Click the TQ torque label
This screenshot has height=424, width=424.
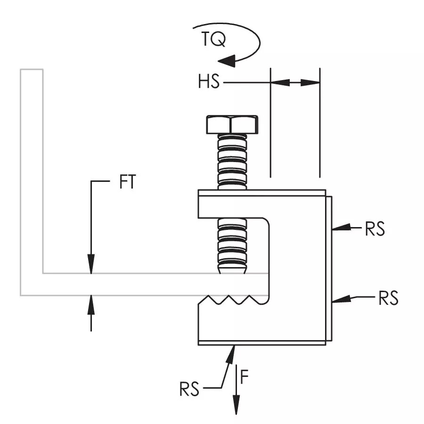(213, 39)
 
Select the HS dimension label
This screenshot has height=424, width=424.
(209, 82)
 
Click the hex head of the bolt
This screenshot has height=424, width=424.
(232, 124)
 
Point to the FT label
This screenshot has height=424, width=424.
(127, 182)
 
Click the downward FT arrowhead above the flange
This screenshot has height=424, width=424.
(91, 264)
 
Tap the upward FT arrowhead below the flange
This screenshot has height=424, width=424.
(91, 304)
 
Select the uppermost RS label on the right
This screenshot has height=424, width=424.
(375, 229)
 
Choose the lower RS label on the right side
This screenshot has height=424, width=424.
(388, 298)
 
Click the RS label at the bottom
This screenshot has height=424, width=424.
(189, 389)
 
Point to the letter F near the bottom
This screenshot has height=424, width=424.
(244, 377)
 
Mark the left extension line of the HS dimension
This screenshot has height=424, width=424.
(271, 123)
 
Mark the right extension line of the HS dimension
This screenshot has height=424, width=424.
(320, 123)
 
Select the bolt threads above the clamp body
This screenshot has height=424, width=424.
(232, 162)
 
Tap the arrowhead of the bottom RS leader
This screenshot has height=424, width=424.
(231, 355)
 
